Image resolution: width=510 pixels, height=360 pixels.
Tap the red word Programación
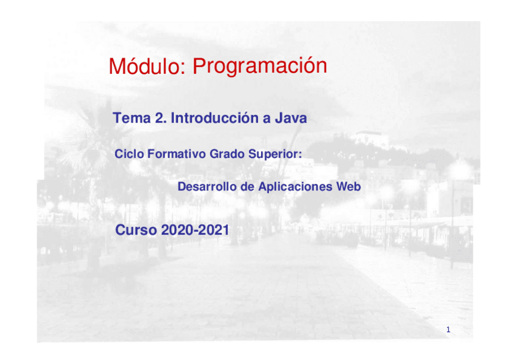tap(260, 67)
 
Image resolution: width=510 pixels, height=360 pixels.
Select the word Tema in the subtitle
tap(132, 118)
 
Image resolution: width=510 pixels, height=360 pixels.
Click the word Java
tap(290, 118)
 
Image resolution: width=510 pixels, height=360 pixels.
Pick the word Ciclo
tap(129, 154)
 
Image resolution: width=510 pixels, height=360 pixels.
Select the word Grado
tap(227, 154)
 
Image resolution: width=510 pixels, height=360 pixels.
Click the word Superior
tap(273, 154)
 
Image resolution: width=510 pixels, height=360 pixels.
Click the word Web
tap(349, 186)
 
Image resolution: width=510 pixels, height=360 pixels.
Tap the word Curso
tap(136, 230)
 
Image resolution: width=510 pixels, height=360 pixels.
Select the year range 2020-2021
tap(195, 230)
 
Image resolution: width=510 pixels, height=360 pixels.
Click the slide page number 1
tap(448, 330)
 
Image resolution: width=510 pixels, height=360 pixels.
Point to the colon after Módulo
tap(182, 69)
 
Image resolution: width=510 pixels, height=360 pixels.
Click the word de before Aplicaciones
tap(247, 186)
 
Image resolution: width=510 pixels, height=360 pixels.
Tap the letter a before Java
tap(266, 120)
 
